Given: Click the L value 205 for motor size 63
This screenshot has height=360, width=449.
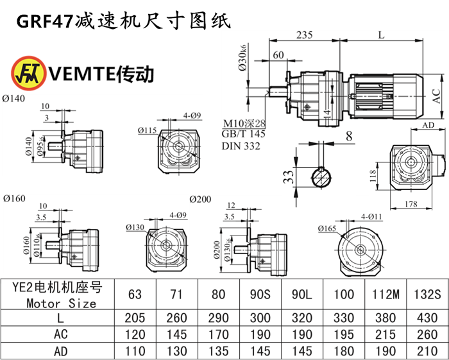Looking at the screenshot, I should (x=135, y=318).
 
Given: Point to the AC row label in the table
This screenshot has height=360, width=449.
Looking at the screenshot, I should (x=61, y=334).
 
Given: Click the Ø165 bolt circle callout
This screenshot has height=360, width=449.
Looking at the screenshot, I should (x=327, y=228).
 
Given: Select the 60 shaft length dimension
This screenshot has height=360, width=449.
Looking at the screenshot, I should (x=278, y=55).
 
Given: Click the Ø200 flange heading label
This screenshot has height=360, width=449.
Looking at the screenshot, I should (x=200, y=199).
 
